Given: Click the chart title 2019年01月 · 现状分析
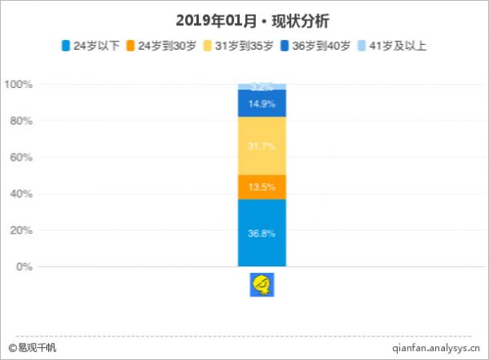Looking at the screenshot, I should point(244,18).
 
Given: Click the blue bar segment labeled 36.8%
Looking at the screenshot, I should point(262,233).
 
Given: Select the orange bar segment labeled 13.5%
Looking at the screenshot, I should point(262,187).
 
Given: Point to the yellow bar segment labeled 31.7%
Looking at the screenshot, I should point(262,147).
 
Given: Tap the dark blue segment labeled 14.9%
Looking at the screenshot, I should point(262,103).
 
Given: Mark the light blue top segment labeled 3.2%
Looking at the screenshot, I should point(262,86).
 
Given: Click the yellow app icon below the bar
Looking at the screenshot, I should point(262,284).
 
